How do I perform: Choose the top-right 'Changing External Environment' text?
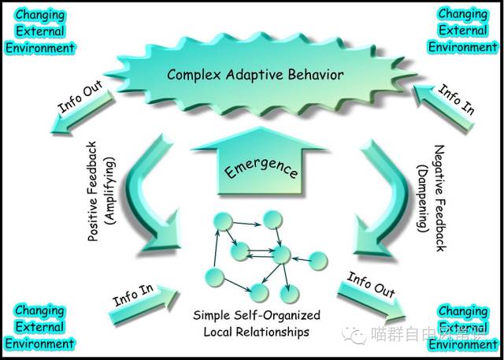click(462, 30)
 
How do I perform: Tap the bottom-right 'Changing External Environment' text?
click(463, 328)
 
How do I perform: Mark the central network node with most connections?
click(280, 254)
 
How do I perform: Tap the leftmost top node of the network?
click(223, 223)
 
